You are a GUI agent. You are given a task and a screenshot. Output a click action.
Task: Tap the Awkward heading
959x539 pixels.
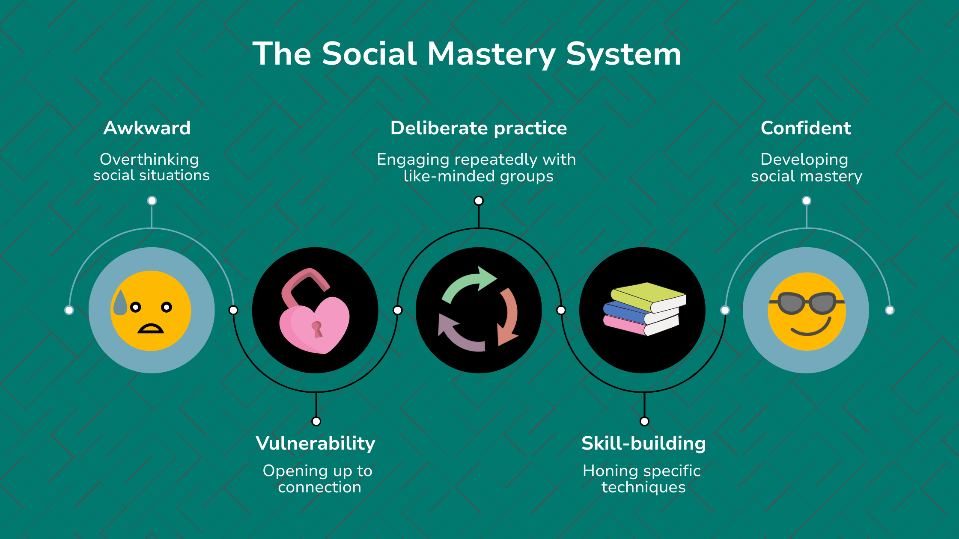[147, 128]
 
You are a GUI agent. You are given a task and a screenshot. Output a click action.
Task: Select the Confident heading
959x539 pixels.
[806, 128]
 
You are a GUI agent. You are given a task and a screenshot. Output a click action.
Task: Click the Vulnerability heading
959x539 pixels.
[316, 443]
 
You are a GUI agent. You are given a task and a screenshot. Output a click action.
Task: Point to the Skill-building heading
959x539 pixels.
[643, 443]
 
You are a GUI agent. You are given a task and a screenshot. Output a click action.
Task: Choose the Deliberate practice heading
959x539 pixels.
[479, 128]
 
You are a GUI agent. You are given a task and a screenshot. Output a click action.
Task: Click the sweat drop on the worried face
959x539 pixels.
[120, 303]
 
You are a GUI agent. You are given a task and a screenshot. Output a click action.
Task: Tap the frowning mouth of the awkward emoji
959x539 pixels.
[150, 329]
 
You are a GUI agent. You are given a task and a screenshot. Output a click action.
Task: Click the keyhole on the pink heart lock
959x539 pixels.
[317, 329]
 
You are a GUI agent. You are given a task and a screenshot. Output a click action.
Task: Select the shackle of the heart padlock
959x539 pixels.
[302, 284]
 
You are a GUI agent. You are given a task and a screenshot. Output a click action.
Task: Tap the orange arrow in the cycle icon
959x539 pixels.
[509, 317]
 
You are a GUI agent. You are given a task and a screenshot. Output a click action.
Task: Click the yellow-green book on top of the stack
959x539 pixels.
[646, 295]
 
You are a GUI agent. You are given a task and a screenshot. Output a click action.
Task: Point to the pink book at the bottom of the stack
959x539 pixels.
[625, 326]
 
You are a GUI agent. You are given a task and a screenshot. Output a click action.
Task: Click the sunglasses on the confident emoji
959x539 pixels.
[807, 303]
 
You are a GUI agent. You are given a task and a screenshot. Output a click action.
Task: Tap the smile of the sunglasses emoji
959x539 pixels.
[811, 329]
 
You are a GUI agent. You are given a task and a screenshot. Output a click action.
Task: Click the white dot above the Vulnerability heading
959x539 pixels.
[316, 421]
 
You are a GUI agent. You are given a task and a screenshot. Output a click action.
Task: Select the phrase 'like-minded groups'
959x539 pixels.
[478, 176]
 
